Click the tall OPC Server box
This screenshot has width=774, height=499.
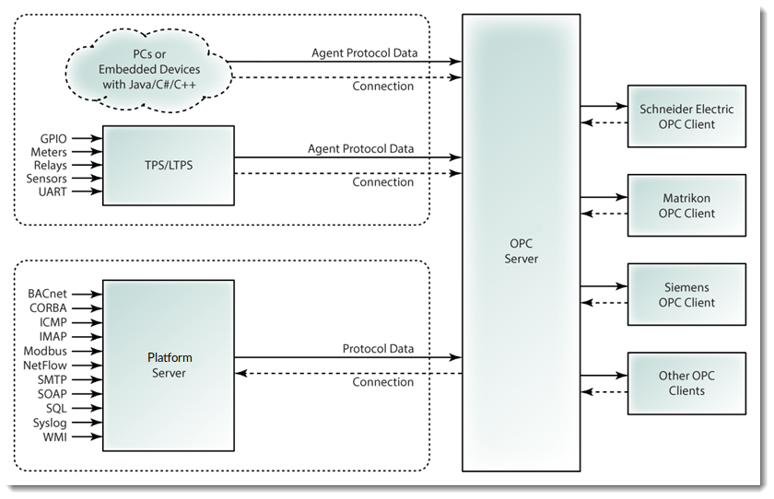click(521, 249)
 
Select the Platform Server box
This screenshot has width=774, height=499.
click(168, 366)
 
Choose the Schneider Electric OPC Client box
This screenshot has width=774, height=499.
click(686, 116)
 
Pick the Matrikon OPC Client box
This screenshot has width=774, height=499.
click(686, 205)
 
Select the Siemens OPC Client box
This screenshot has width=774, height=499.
click(686, 295)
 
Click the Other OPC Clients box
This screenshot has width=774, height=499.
click(686, 383)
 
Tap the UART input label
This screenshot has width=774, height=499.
click(50, 191)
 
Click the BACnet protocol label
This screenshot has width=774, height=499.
click(46, 294)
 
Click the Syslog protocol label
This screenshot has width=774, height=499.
click(50, 422)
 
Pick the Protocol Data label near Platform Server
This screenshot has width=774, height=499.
click(378, 349)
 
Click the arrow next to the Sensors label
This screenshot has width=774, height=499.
click(86, 178)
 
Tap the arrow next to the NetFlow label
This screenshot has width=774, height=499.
click(86, 366)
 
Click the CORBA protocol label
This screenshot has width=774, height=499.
click(46, 308)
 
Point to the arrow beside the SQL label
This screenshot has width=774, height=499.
click(86, 408)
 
